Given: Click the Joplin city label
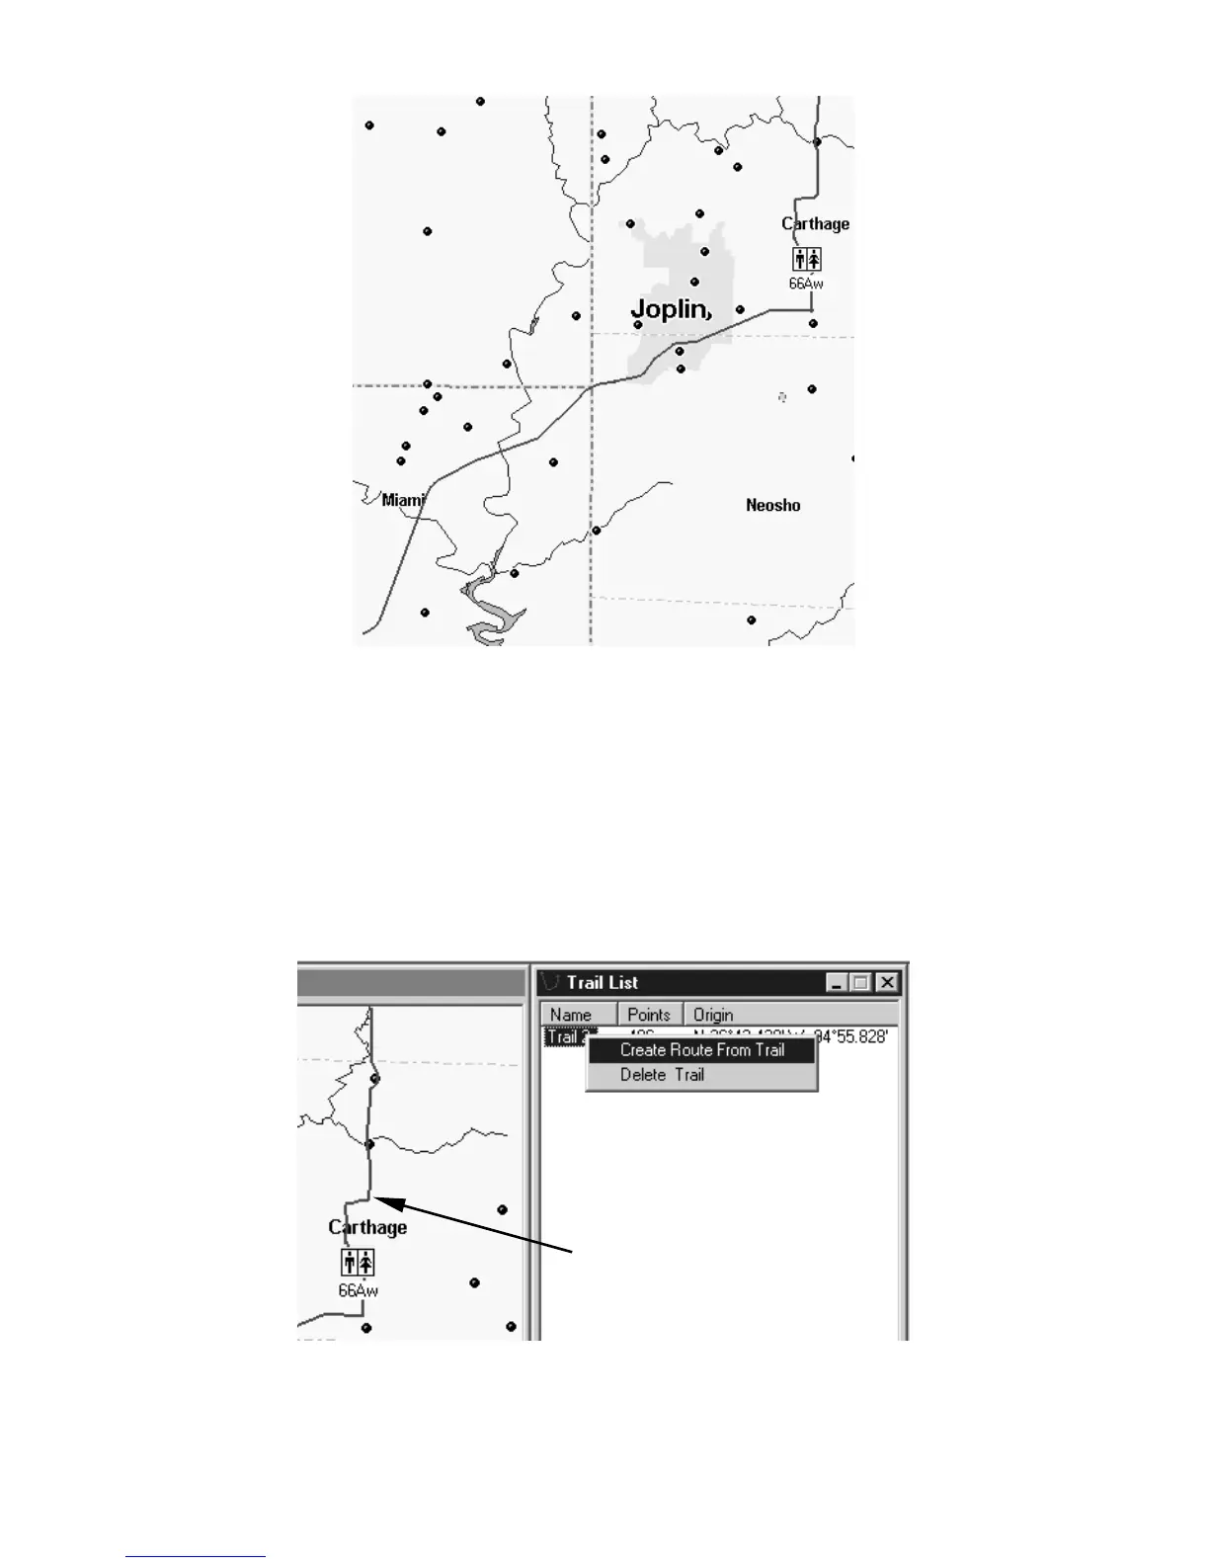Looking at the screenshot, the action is pyautogui.click(x=671, y=309).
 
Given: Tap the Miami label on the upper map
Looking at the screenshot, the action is pyautogui.click(x=403, y=500).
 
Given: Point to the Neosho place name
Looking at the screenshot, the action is pyautogui.click(x=772, y=505).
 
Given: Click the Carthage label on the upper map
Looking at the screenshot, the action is pyautogui.click(x=815, y=223).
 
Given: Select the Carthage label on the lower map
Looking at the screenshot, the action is pyautogui.click(x=367, y=1227).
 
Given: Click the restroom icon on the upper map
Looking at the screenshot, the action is pyautogui.click(x=806, y=259).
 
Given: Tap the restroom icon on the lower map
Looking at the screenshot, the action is pyautogui.click(x=358, y=1262).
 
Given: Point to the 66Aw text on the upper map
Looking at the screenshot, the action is pyautogui.click(x=806, y=284).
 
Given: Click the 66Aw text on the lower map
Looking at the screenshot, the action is pyautogui.click(x=358, y=1290).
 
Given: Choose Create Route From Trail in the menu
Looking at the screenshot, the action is pyautogui.click(x=701, y=1050).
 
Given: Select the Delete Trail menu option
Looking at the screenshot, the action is pyautogui.click(x=662, y=1075).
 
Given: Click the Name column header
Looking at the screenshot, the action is pyautogui.click(x=571, y=1015).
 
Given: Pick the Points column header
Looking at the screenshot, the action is pyautogui.click(x=649, y=1015).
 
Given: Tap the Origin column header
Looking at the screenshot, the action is pyautogui.click(x=713, y=1015).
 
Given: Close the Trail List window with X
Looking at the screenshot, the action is pyautogui.click(x=887, y=982).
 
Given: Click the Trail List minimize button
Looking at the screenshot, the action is pyautogui.click(x=837, y=982).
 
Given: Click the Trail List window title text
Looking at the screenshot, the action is pyautogui.click(x=602, y=982).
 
